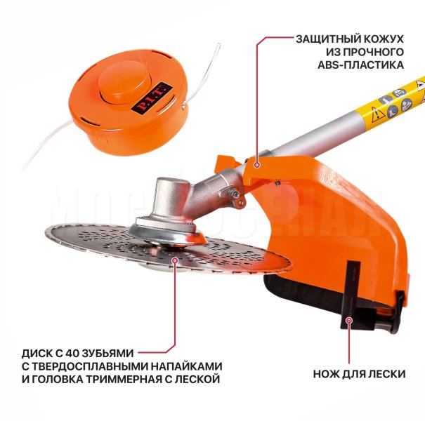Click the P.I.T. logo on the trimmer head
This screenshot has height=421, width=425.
(152, 100)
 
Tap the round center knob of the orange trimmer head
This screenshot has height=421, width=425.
(124, 83)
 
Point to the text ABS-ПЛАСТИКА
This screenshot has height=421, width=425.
(361, 65)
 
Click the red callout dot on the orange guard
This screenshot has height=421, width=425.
(256, 164)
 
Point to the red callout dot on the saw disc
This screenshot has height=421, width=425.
(175, 260)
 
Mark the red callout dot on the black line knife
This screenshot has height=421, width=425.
(349, 320)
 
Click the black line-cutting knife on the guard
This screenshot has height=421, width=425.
(351, 295)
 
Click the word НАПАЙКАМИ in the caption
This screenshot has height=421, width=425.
(185, 366)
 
